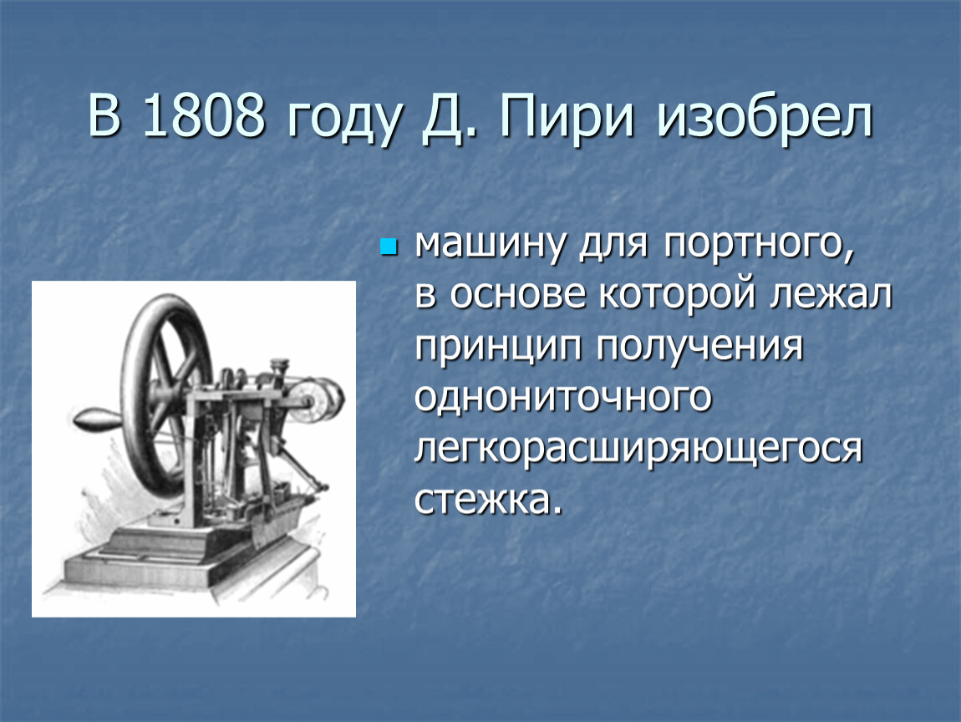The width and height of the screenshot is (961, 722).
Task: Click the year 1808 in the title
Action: click(x=203, y=114)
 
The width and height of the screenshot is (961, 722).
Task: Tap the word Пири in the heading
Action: click(x=567, y=115)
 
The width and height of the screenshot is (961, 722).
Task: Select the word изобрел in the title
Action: click(x=765, y=115)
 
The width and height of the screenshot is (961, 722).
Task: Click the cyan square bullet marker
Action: click(x=389, y=247)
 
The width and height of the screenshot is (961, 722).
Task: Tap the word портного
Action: click(x=759, y=245)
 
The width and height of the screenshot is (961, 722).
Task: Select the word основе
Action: click(x=518, y=294)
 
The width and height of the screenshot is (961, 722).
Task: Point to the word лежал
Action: click(x=831, y=295)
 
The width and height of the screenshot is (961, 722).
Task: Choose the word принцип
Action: click(x=498, y=348)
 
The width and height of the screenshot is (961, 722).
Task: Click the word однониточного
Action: click(x=562, y=397)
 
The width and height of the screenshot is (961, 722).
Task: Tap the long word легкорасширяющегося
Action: click(x=638, y=450)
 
